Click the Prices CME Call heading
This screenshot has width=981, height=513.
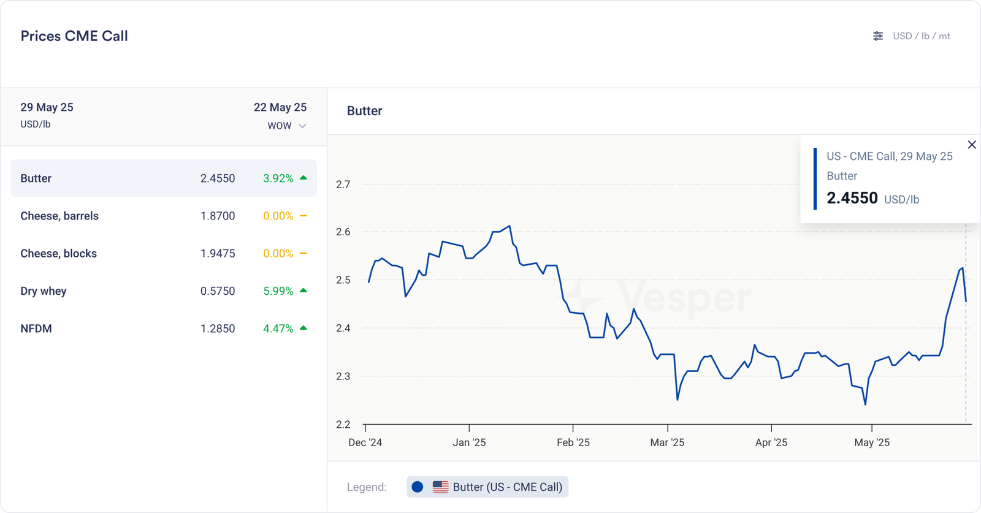(x=74, y=36)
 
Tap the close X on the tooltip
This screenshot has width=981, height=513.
(x=972, y=145)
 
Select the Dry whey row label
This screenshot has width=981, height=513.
(x=44, y=291)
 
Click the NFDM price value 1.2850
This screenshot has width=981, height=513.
(x=218, y=329)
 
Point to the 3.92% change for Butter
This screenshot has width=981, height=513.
(x=278, y=178)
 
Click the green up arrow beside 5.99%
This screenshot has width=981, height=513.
(x=303, y=291)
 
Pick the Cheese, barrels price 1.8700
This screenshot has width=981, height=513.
(x=218, y=216)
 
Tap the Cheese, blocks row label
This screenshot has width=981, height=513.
(x=59, y=254)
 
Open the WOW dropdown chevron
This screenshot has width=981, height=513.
(x=302, y=126)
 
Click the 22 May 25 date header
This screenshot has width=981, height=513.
(x=280, y=107)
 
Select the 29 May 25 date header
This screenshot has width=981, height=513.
(x=47, y=107)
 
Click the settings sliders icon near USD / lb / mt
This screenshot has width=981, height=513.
(x=878, y=36)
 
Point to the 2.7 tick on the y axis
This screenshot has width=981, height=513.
(x=343, y=184)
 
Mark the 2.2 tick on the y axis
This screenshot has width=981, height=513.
(x=343, y=424)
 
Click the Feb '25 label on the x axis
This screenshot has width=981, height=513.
(x=573, y=443)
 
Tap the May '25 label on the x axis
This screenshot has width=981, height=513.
(x=872, y=443)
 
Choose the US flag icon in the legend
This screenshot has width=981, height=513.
(x=440, y=487)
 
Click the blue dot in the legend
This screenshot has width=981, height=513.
(x=418, y=487)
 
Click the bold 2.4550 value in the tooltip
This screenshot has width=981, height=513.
(x=852, y=198)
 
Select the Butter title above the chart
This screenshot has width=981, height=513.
(x=365, y=111)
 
